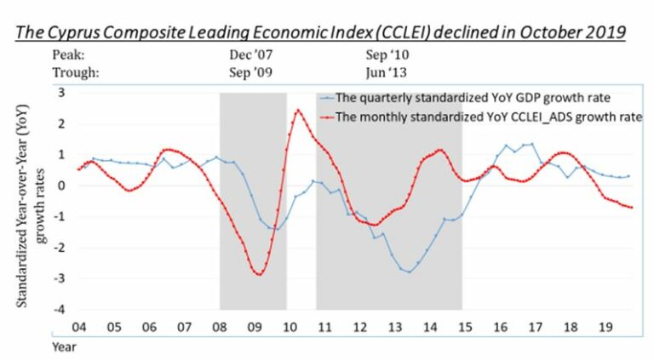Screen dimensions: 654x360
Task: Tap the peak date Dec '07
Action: (250, 54)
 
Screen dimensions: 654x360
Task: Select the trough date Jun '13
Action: (387, 72)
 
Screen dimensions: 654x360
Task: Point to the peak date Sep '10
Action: (387, 54)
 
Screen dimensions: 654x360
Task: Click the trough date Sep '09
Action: (250, 72)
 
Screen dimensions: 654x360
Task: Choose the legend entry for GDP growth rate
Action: (465, 98)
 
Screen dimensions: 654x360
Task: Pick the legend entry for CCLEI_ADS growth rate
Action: (481, 117)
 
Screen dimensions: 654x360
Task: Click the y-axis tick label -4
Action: (60, 309)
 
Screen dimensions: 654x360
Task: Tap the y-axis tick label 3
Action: (61, 92)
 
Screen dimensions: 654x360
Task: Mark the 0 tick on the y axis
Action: (61, 186)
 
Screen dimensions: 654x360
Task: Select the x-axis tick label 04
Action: (79, 327)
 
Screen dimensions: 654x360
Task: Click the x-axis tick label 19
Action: (605, 327)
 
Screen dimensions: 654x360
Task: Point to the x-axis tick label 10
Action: (290, 327)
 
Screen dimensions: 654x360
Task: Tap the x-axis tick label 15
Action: (466, 327)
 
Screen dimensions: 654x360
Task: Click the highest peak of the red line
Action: (298, 111)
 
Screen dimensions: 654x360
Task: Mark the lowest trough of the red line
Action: (260, 274)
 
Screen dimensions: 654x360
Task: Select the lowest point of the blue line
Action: (410, 272)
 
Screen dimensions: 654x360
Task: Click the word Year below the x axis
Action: (64, 346)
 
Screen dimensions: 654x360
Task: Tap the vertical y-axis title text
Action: (30, 206)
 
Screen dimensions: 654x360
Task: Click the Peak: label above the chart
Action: (68, 54)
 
